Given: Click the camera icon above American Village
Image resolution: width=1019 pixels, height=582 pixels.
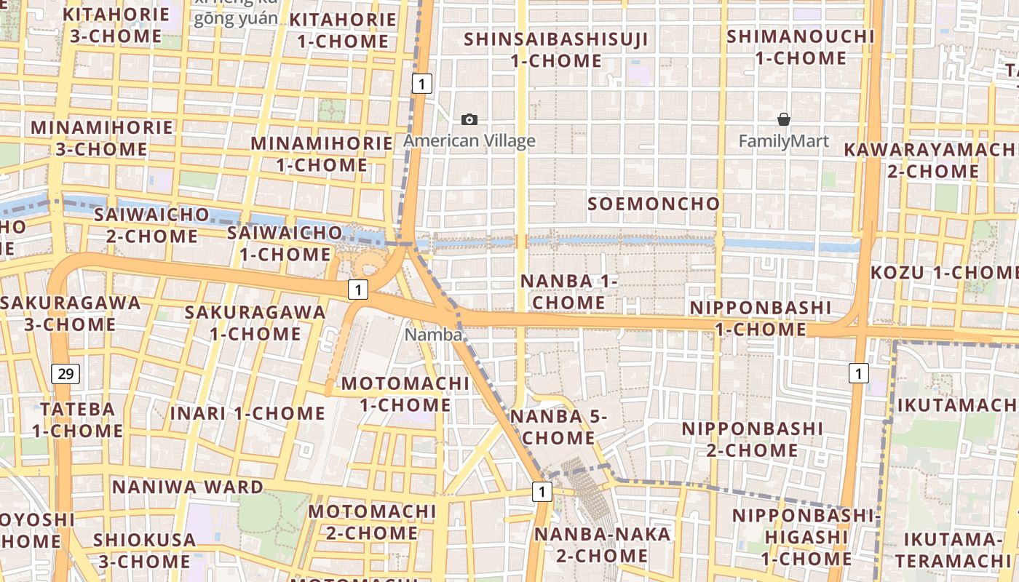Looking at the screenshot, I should [x=469, y=119].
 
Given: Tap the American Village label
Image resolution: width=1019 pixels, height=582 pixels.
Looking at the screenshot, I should [x=469, y=141].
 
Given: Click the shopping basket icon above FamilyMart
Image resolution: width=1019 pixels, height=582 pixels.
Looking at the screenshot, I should [x=784, y=119].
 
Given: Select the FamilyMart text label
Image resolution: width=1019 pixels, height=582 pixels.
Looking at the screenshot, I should [x=784, y=141].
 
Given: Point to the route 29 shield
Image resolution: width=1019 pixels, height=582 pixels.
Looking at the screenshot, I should [x=66, y=374].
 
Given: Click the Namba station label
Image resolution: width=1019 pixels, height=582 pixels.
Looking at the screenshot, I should [x=434, y=335].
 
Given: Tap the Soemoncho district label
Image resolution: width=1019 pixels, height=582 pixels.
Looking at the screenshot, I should [x=654, y=204].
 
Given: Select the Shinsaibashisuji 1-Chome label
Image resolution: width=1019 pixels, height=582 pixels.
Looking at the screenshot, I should [x=556, y=49].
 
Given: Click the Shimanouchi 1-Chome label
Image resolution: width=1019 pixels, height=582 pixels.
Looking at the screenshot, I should [x=801, y=47].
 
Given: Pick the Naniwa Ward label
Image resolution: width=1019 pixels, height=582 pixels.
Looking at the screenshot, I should [x=188, y=487].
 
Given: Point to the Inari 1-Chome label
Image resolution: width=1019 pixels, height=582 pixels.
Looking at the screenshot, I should [x=247, y=413].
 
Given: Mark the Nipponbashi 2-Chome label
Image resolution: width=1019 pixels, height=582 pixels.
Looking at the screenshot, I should [x=753, y=439].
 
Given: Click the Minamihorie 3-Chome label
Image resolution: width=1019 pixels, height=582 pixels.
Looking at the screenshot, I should [x=102, y=138].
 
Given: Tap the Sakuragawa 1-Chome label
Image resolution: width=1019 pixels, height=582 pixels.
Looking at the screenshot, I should [x=255, y=322].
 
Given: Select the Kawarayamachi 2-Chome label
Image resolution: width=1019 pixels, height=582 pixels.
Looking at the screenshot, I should [x=932, y=160].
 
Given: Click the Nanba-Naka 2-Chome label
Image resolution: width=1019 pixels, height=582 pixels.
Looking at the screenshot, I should [x=603, y=545].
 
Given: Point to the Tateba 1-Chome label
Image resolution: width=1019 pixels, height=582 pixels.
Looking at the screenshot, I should [x=77, y=420].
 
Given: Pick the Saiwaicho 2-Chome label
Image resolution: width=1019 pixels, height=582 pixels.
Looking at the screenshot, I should [x=152, y=226].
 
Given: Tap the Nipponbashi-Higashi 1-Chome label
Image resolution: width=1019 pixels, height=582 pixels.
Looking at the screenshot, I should [x=806, y=537].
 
